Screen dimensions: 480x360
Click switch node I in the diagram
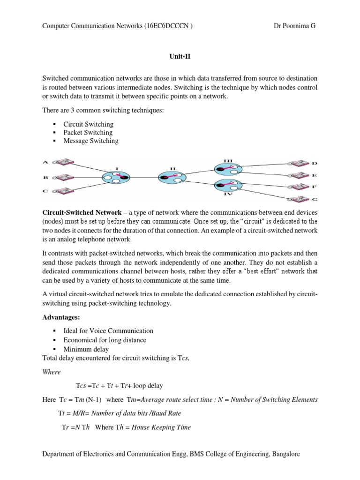tap(114, 177)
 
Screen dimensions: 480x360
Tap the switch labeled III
tap(228, 168)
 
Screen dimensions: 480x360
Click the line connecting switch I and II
tap(142, 177)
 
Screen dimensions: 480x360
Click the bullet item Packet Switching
tap(88, 133)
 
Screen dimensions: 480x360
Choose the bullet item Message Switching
tap(90, 141)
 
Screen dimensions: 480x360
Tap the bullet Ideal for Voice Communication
tap(111, 331)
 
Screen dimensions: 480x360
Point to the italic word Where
tap(52, 372)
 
